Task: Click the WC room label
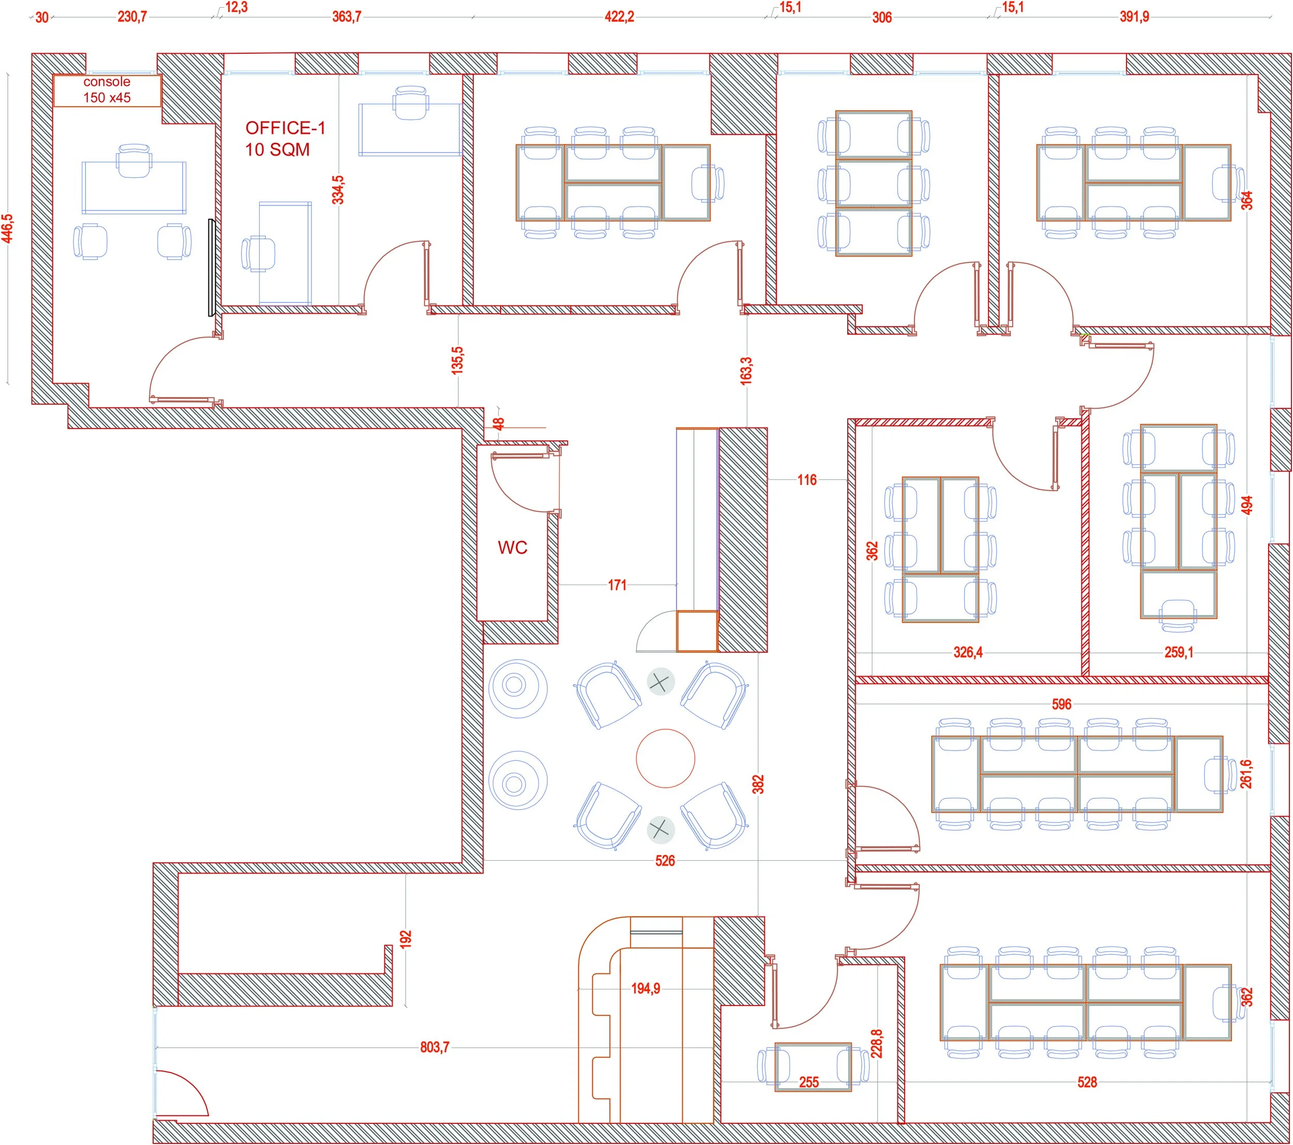tap(513, 547)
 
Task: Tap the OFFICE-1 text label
tap(285, 128)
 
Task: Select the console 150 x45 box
tap(108, 90)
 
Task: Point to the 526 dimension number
tap(665, 861)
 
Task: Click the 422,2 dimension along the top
tap(619, 17)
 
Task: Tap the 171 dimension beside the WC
tap(618, 586)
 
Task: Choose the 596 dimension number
tap(1061, 705)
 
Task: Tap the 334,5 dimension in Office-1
tap(338, 190)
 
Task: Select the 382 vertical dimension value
tap(758, 785)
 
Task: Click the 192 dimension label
tap(405, 938)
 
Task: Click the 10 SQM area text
tap(278, 150)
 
